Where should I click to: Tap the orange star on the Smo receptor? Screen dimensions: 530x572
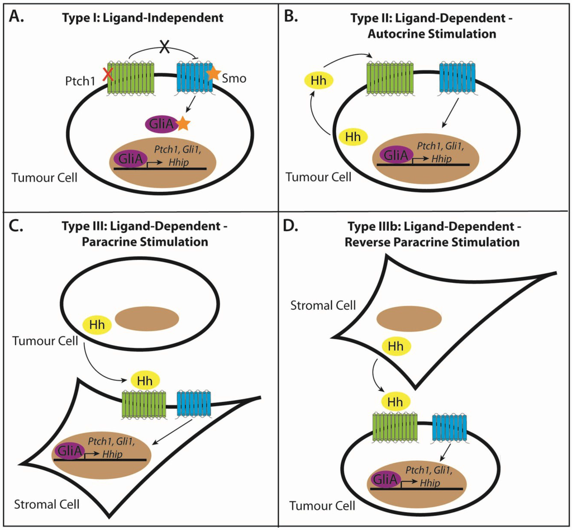[x=213, y=73]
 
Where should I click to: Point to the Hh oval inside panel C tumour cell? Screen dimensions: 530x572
[x=97, y=323]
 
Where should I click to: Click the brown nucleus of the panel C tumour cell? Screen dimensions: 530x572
[x=147, y=319]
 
